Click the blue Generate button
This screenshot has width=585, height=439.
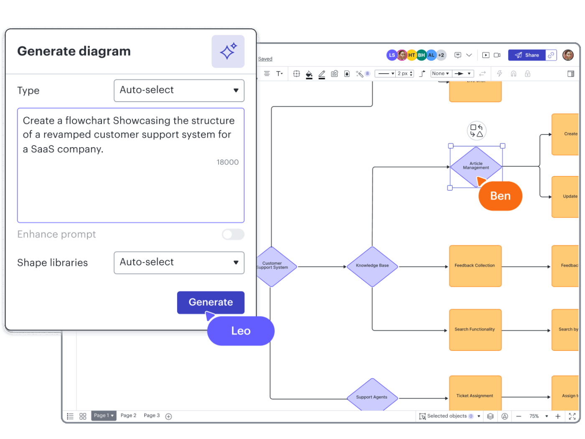pyautogui.click(x=211, y=302)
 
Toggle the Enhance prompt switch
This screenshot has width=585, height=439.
pyautogui.click(x=233, y=235)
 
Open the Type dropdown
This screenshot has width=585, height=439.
pyautogui.click(x=179, y=91)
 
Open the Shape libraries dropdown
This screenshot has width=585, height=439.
pyautogui.click(x=179, y=263)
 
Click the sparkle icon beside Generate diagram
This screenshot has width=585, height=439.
pyautogui.click(x=228, y=51)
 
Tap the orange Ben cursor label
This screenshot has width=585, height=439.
pyautogui.click(x=500, y=196)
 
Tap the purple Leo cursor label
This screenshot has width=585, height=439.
pyautogui.click(x=241, y=331)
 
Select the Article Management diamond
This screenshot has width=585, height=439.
pyautogui.click(x=476, y=166)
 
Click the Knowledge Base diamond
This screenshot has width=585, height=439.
pyautogui.click(x=372, y=266)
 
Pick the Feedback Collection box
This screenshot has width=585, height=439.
pyautogui.click(x=475, y=266)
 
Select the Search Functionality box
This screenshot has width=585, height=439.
pyautogui.click(x=475, y=330)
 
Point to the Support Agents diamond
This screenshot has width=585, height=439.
pyautogui.click(x=372, y=396)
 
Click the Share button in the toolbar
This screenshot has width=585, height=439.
pyautogui.click(x=527, y=55)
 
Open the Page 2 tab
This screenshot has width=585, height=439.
pyautogui.click(x=128, y=416)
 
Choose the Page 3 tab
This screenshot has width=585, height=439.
pyautogui.click(x=152, y=416)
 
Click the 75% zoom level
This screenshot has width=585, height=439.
pyautogui.click(x=534, y=416)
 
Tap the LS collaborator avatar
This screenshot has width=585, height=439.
pyautogui.click(x=392, y=55)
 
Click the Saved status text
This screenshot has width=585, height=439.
pyautogui.click(x=265, y=59)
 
